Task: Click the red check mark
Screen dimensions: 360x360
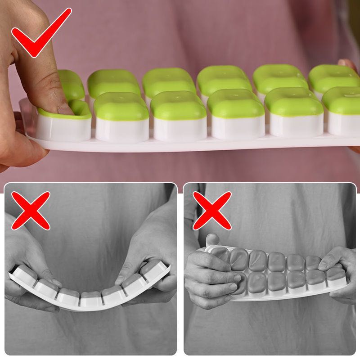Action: pos(40,34)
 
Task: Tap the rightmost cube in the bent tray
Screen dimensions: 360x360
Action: pos(155,270)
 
